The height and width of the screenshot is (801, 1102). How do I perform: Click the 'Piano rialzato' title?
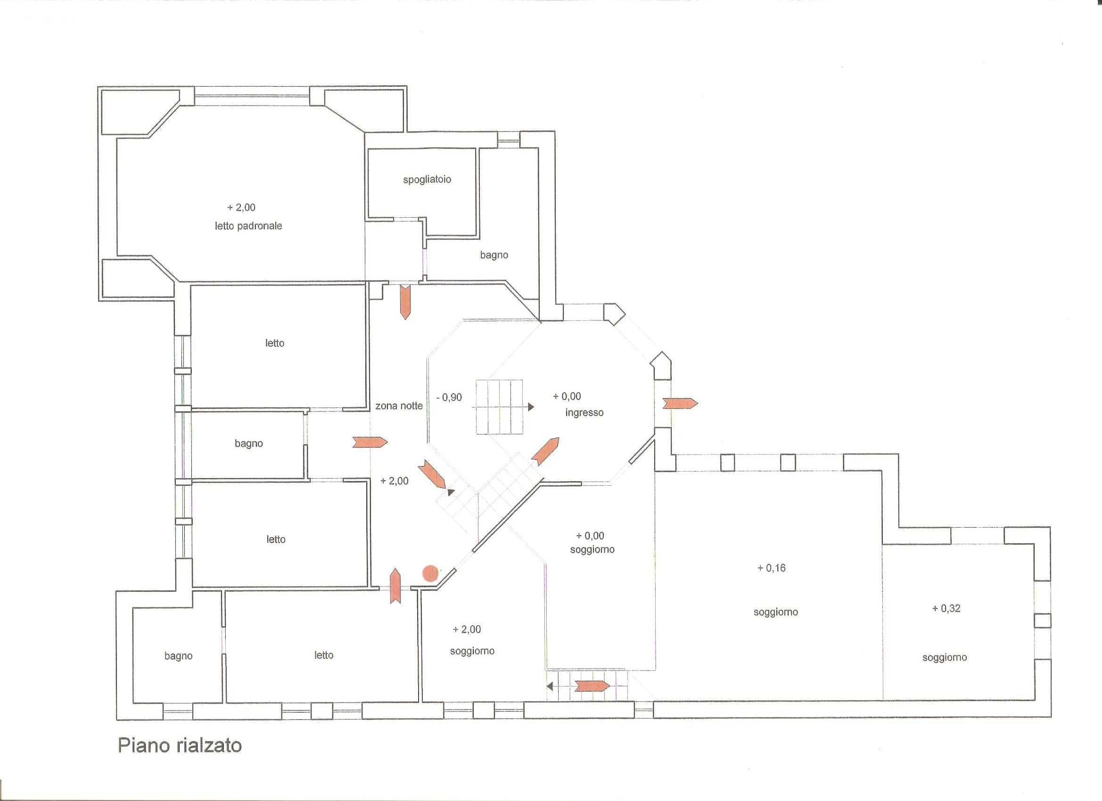tap(180, 745)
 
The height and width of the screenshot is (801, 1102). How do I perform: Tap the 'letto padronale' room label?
tap(248, 226)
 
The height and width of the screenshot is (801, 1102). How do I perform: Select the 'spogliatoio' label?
tap(427, 180)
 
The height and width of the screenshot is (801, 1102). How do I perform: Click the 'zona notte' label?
tap(399, 406)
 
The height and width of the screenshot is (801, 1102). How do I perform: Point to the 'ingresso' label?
tap(584, 413)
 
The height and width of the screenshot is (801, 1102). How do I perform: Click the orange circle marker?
tap(430, 573)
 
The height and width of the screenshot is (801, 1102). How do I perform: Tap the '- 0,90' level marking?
tap(449, 397)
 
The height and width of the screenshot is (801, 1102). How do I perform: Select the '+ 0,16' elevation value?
tap(772, 568)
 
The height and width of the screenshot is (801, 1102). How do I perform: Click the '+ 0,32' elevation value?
tap(946, 608)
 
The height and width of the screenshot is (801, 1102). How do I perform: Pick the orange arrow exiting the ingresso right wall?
tap(680, 403)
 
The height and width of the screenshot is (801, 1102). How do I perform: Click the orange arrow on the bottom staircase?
tap(592, 686)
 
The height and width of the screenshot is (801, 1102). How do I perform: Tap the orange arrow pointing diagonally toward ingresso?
tap(545, 451)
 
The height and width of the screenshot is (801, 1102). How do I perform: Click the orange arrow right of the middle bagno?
tap(370, 442)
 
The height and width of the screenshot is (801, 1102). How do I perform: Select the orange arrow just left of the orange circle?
tap(395, 586)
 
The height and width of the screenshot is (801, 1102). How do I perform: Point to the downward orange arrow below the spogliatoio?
tap(405, 302)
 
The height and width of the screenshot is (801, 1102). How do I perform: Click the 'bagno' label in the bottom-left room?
tap(178, 656)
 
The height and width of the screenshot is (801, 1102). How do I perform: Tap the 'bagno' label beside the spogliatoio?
tap(494, 255)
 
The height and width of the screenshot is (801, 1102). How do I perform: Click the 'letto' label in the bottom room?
tap(324, 655)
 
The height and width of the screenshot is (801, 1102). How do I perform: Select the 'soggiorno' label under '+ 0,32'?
tap(945, 658)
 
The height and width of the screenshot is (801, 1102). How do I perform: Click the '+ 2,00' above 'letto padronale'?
tap(241, 207)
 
